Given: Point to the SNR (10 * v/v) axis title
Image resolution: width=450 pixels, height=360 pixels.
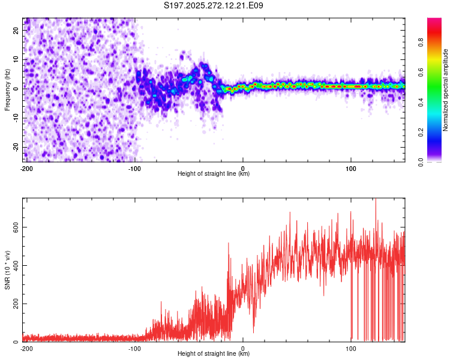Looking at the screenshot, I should pyautogui.click(x=8, y=269).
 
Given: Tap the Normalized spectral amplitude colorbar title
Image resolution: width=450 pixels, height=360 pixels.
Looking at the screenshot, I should pyautogui.click(x=446, y=90).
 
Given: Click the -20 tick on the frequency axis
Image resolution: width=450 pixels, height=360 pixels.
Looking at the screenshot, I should pyautogui.click(x=16, y=147).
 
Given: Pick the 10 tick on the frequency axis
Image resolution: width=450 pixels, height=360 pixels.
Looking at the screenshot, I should pyautogui.click(x=17, y=59).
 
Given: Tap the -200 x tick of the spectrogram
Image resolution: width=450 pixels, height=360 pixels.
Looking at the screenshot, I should pyautogui.click(x=26, y=168).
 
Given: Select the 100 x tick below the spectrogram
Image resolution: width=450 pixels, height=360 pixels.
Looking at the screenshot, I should pyautogui.click(x=351, y=168).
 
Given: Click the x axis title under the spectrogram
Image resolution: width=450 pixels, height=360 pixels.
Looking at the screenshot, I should pyautogui.click(x=214, y=174).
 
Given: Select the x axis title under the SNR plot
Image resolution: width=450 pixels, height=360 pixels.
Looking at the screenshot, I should pyautogui.click(x=214, y=354).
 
